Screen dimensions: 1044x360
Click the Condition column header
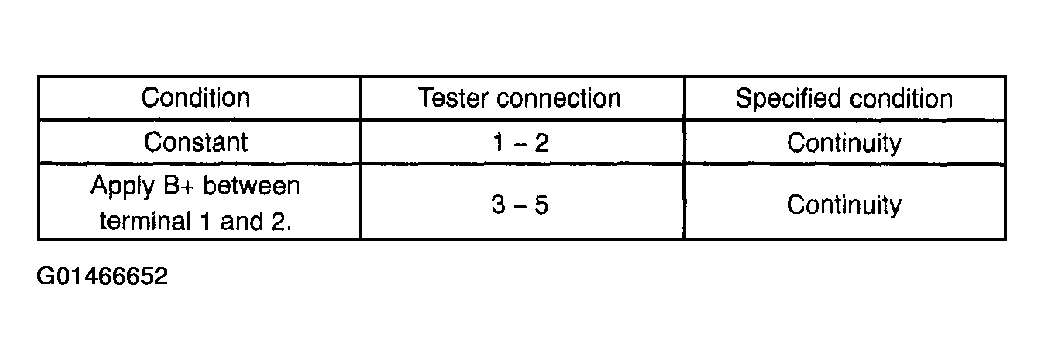[195, 98]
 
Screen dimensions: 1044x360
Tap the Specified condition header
[844, 99]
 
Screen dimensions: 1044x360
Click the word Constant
[196, 142]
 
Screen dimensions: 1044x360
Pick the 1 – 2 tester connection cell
[521, 142]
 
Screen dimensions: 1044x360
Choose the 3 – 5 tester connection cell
[521, 204]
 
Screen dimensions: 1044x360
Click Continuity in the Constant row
[844, 143]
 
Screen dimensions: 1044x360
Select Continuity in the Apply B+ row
[844, 205]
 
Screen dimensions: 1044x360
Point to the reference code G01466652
[103, 276]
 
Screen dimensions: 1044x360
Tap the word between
[252, 186]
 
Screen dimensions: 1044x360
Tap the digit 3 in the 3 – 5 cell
[499, 204]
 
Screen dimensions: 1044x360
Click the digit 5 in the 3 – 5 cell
[542, 204]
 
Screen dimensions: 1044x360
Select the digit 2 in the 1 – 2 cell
[542, 142]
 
